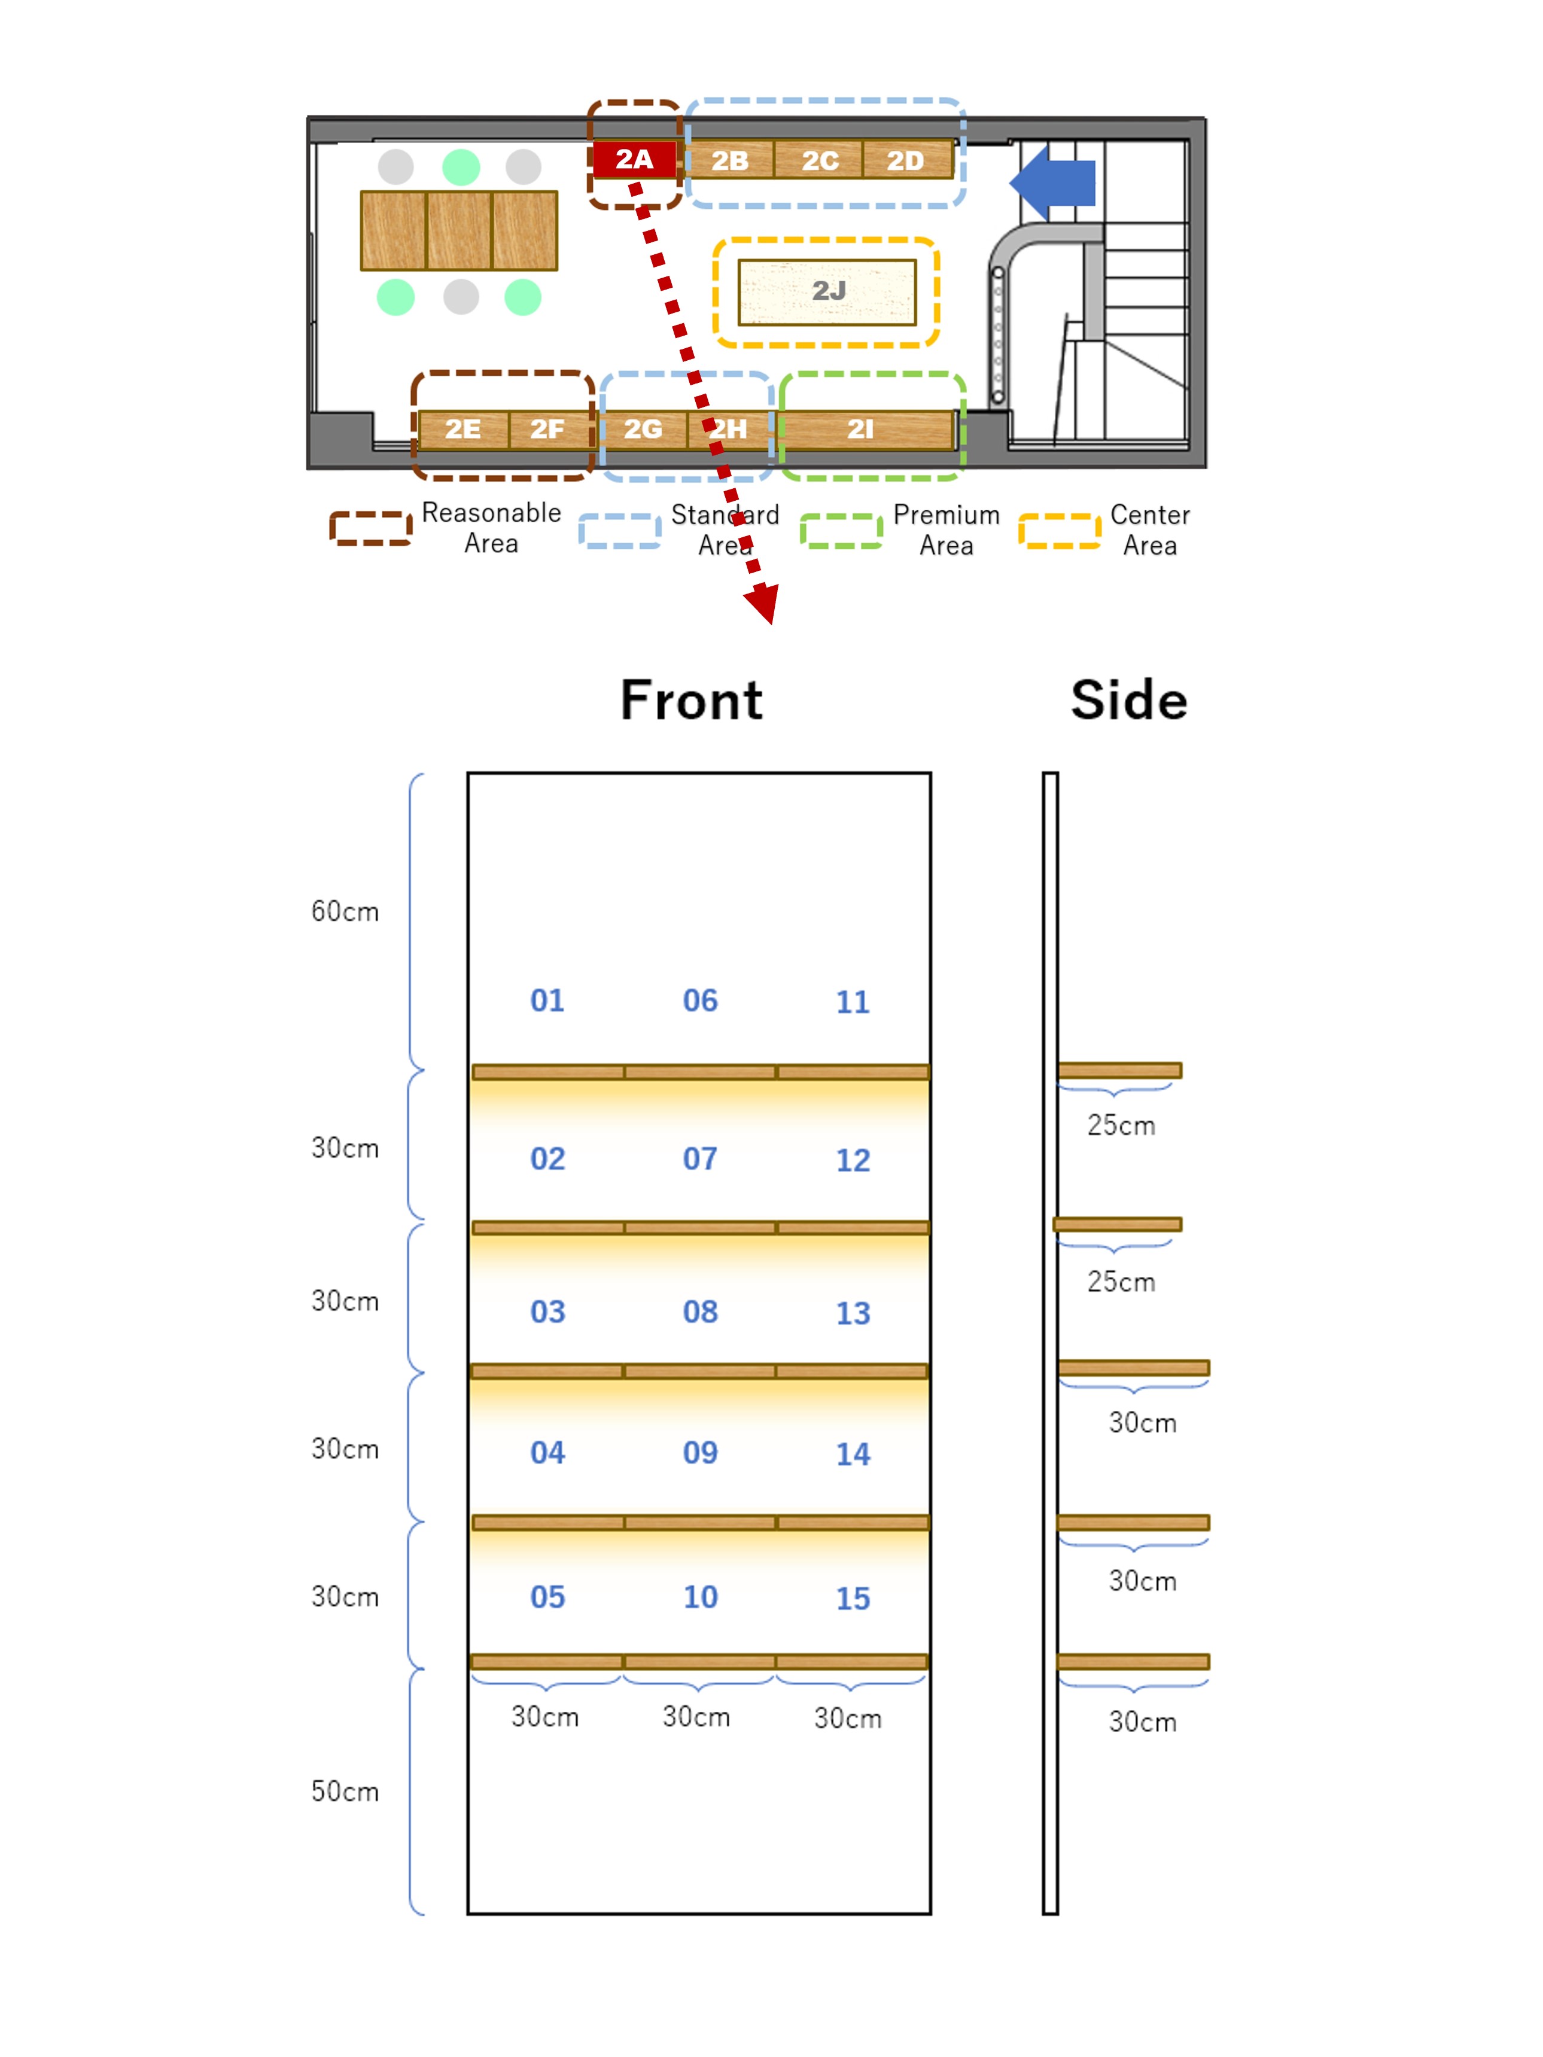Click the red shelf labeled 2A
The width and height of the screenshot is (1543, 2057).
634,159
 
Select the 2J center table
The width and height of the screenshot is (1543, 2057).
827,291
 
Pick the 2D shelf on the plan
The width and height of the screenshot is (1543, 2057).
906,160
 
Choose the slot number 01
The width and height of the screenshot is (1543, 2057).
547,1000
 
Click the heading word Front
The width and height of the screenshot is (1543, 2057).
691,700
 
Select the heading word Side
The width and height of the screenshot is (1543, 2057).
1129,700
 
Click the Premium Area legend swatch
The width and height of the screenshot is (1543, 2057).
841,530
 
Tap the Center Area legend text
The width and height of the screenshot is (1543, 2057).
1149,530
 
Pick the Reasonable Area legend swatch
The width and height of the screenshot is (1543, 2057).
371,528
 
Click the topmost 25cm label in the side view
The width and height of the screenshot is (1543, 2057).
1121,1125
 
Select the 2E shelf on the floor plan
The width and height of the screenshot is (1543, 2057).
463,429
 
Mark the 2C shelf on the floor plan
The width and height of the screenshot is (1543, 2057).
820,160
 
